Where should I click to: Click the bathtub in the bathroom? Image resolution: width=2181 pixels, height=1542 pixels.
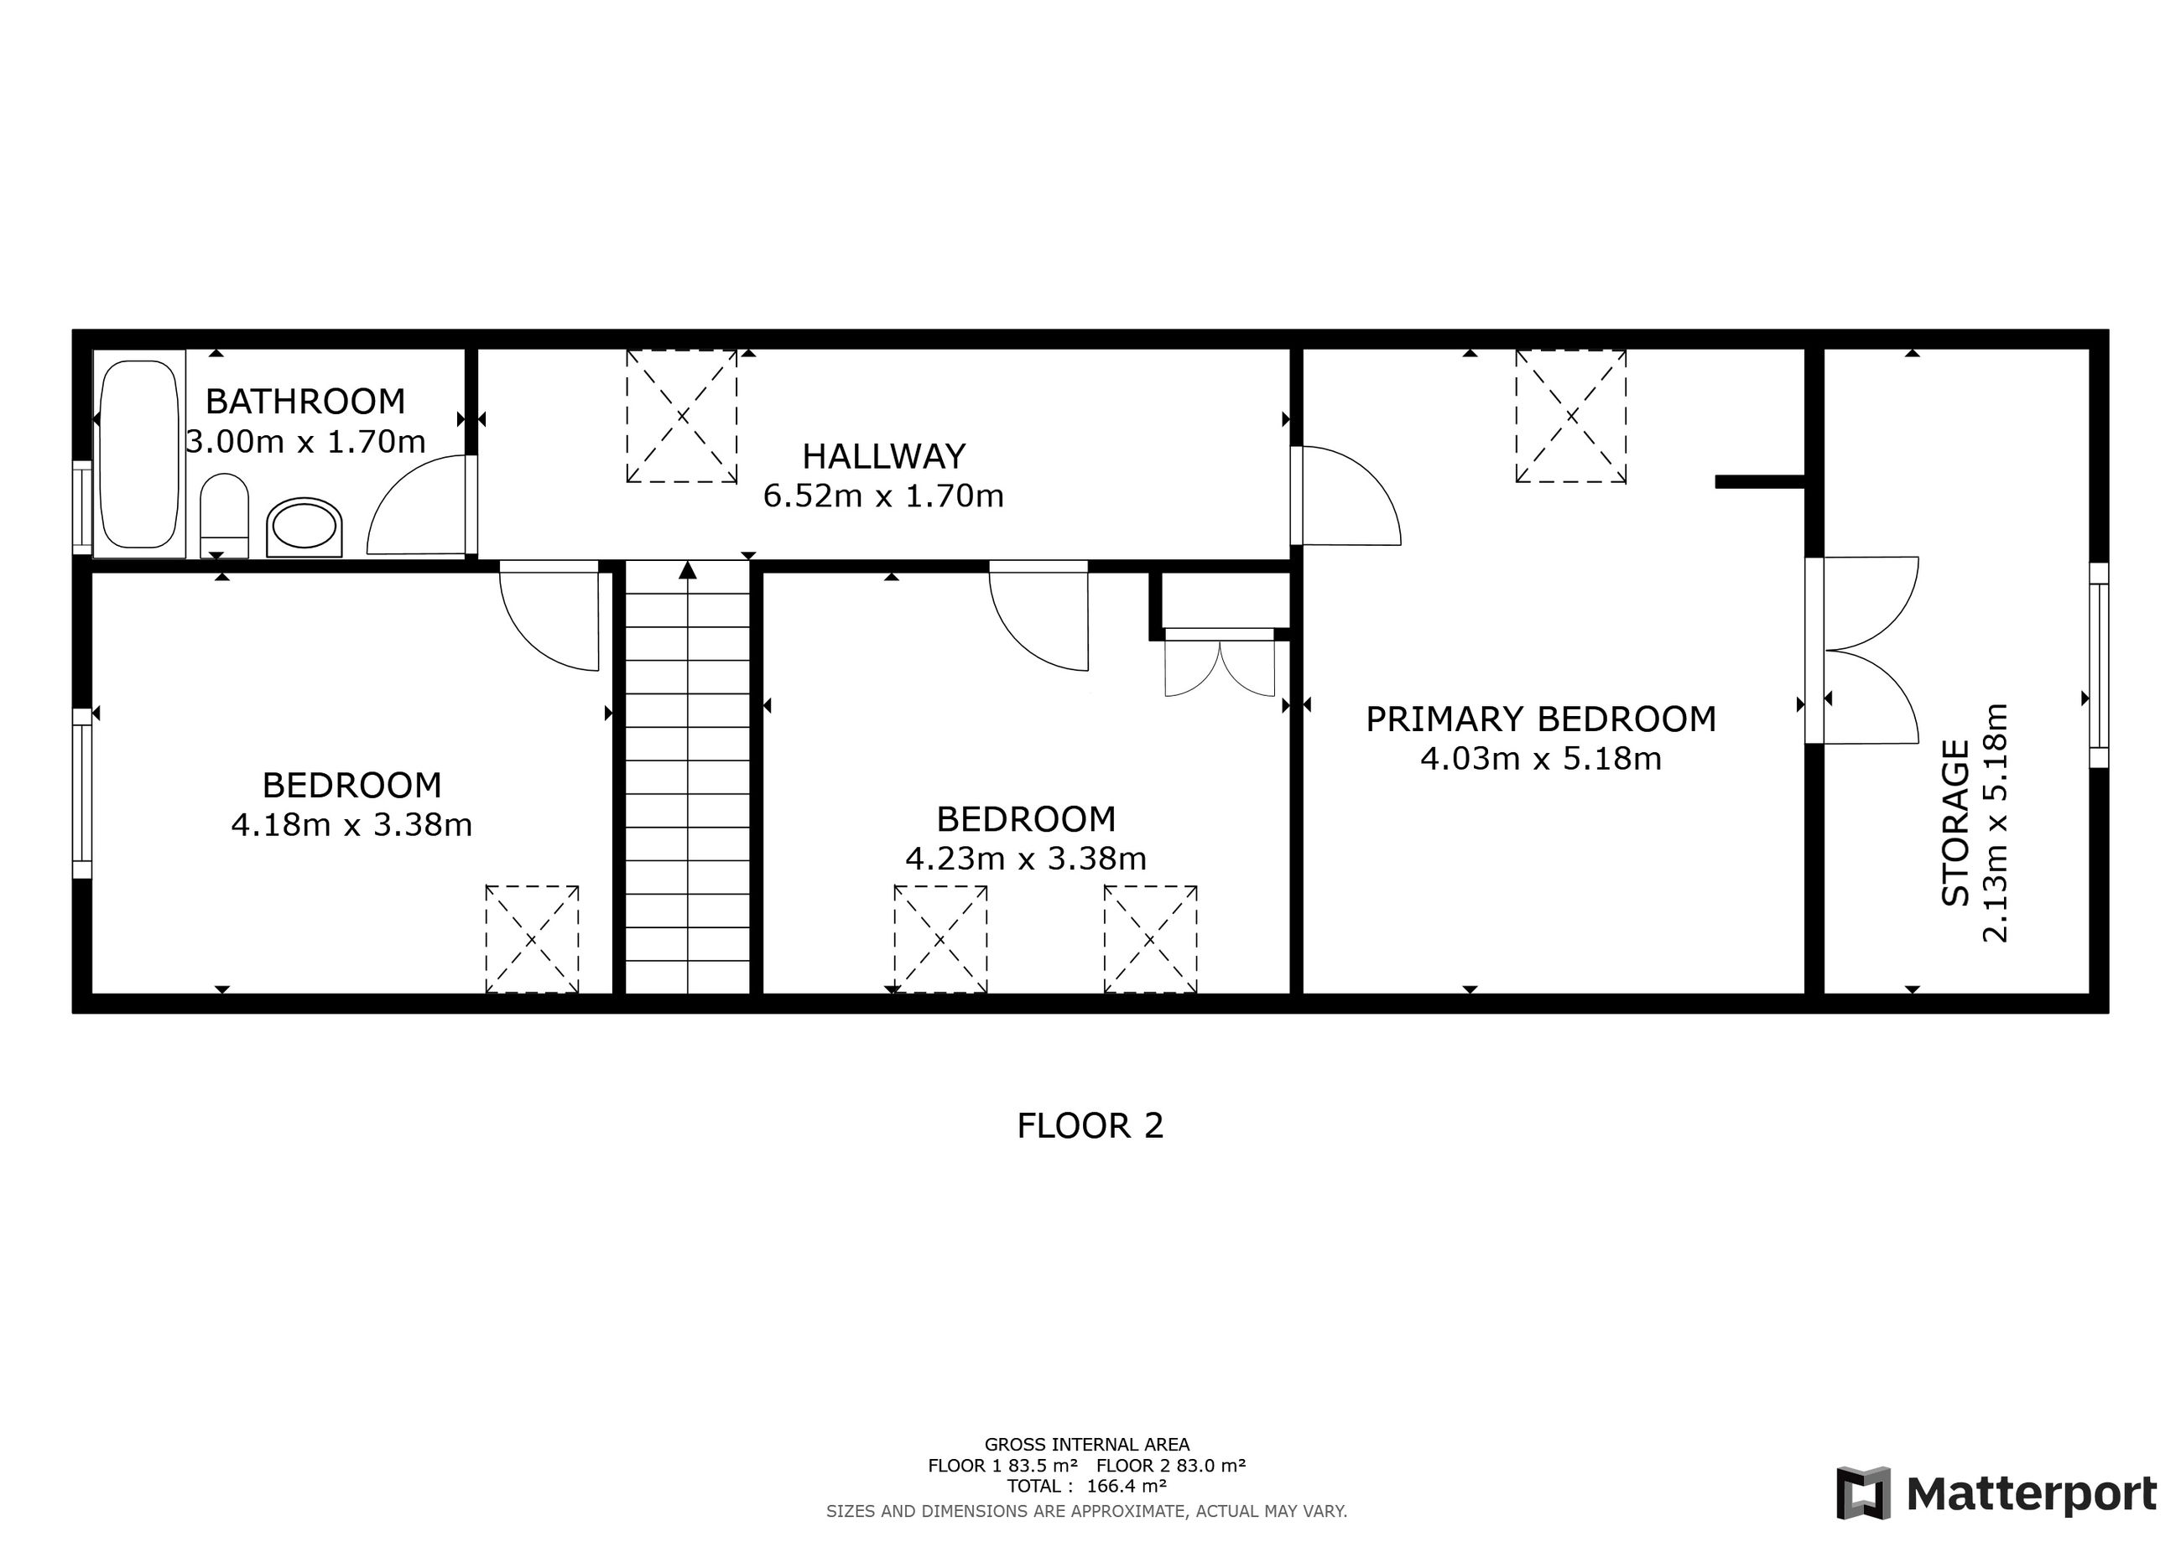[138, 454]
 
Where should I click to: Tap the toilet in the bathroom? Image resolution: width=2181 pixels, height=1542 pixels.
[225, 516]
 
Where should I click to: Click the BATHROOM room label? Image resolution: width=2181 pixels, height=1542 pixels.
[305, 402]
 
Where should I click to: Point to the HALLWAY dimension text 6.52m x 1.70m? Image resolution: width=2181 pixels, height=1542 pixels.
[883, 496]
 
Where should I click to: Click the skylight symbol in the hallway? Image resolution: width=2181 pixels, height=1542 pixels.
[682, 416]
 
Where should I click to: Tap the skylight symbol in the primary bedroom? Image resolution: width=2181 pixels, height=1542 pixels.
[1571, 416]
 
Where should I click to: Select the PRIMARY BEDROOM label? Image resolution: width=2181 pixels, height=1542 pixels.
[1541, 719]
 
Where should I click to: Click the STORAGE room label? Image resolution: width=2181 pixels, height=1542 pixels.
[1955, 823]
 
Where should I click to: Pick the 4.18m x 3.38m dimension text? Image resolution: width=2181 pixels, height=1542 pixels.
[351, 824]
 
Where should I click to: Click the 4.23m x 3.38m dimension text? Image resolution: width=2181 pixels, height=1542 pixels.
[1026, 859]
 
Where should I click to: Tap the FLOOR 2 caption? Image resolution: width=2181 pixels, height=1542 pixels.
[1090, 1126]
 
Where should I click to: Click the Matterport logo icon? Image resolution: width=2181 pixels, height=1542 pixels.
[1863, 1493]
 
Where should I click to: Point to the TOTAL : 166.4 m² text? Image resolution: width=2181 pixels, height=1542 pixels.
[1086, 1486]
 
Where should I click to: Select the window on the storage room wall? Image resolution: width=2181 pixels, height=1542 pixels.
[2098, 665]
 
